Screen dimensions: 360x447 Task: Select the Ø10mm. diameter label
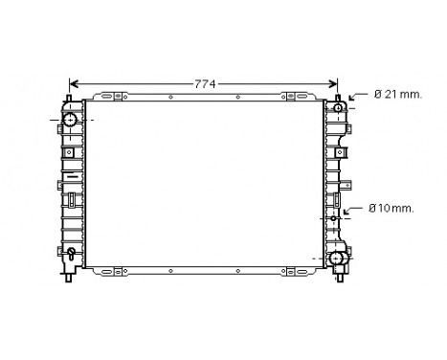[391, 209]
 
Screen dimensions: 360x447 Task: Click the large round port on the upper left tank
[72, 120]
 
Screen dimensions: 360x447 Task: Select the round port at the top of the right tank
[338, 108]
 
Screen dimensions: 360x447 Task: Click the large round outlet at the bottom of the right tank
[337, 259]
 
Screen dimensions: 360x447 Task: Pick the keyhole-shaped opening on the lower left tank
[72, 255]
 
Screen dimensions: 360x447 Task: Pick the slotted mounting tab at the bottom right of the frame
[298, 270]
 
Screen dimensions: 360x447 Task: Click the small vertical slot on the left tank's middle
[72, 199]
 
